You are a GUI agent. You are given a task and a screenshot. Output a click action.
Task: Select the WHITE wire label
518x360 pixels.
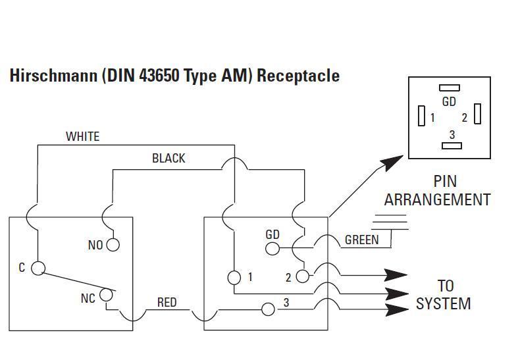point(82,137)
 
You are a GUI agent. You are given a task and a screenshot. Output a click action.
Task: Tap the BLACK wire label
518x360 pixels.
point(168,159)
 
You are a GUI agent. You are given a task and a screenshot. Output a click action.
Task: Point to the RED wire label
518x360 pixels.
point(167,303)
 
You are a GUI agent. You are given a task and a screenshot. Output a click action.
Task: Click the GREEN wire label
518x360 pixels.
point(361,240)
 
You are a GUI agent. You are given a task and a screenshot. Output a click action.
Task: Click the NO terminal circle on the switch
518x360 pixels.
point(113,245)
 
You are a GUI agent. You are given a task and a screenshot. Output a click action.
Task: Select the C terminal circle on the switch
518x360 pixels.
point(38,268)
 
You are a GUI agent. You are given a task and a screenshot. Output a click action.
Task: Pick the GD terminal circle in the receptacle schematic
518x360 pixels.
point(271,248)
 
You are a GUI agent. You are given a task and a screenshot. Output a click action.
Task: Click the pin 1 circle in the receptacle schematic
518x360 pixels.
point(234,277)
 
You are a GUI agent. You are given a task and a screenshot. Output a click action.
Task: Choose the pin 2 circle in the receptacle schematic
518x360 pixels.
point(302,276)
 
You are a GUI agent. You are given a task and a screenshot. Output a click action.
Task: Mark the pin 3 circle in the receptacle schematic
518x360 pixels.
point(268,309)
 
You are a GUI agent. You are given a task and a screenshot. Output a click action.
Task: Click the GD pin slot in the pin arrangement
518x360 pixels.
point(449,88)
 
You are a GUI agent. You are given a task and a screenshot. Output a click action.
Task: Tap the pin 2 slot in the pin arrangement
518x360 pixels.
point(477,114)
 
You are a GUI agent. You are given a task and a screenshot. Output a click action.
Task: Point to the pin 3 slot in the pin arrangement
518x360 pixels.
point(451,145)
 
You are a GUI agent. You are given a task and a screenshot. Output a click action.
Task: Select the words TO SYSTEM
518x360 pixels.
point(443,295)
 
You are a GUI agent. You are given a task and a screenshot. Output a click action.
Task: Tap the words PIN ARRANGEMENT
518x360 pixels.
point(437,190)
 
